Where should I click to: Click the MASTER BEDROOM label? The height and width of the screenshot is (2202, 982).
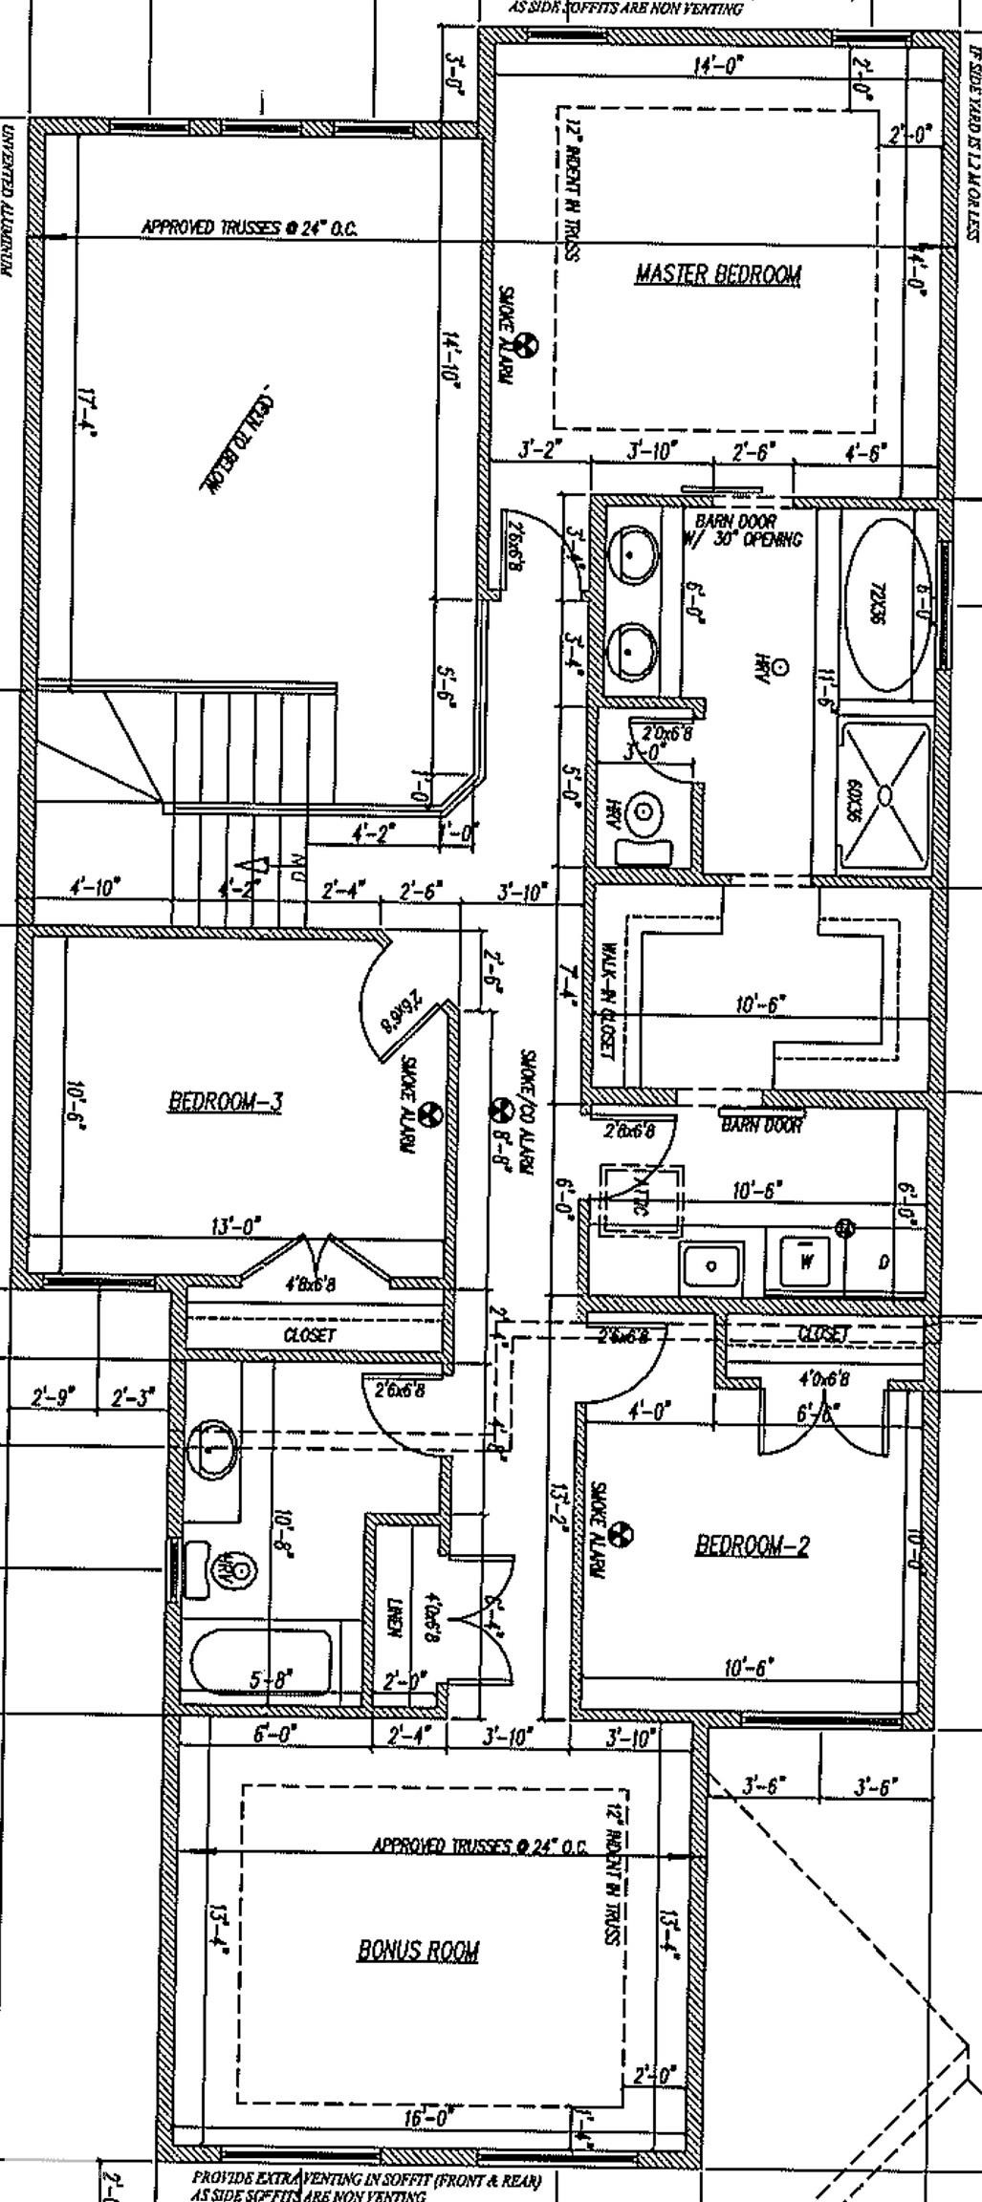click(718, 275)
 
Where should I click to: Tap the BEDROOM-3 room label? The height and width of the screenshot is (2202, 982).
click(226, 1102)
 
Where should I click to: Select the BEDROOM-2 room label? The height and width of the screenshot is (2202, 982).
click(752, 1545)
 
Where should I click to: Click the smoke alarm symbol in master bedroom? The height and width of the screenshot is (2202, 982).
click(527, 342)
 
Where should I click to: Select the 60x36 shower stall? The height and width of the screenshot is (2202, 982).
click(885, 797)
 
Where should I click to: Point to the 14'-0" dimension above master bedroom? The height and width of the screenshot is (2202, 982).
click(718, 66)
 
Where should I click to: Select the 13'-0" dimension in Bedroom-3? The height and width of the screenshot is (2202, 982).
click(235, 1225)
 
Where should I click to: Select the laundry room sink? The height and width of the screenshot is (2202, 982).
click(711, 1265)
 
